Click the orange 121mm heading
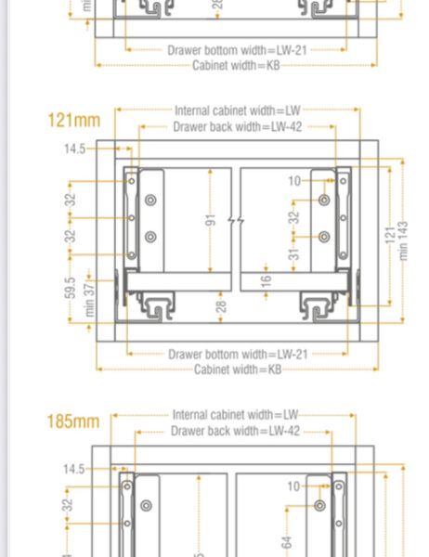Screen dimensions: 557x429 coord(73,120)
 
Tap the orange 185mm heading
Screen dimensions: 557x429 coord(73,421)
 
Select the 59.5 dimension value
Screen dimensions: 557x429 coord(71,287)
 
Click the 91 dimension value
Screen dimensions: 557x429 coord(211,220)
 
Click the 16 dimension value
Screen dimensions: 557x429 coord(266,281)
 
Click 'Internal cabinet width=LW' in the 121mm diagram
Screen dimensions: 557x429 coord(237,110)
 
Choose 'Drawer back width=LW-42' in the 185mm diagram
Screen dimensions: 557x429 coord(235,432)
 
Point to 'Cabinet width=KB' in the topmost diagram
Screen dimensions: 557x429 coord(236,65)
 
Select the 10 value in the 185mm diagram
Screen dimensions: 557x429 coord(293,485)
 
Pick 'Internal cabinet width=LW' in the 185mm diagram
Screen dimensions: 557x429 coord(235,414)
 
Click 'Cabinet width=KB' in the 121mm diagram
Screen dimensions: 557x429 coord(237,369)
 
